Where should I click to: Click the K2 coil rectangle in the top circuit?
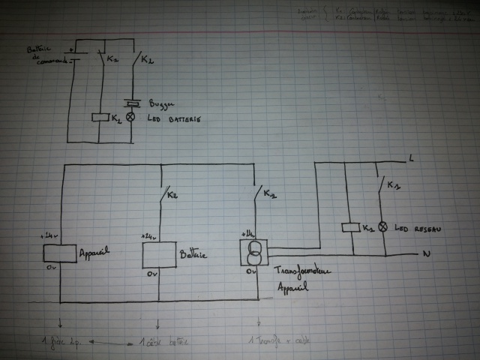pyautogui.click(x=99, y=118)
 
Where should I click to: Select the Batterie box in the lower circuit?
pyautogui.click(x=158, y=255)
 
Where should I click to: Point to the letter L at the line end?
pyautogui.click(x=412, y=157)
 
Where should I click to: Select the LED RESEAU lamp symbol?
pyautogui.click(x=380, y=226)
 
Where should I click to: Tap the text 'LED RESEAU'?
pyautogui.click(x=411, y=226)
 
